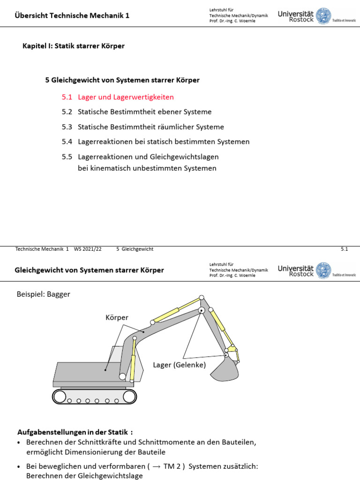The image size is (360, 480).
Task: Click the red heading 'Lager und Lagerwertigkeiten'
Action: point(126,97)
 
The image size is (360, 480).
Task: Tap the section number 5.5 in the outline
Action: point(67,157)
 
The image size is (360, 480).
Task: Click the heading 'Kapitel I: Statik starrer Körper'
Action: point(74,46)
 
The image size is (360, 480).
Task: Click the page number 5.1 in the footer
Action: point(344,249)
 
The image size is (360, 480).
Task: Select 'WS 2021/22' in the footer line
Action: point(88,249)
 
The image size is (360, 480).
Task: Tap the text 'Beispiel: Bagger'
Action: point(43,294)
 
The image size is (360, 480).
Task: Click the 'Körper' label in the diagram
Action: point(117,318)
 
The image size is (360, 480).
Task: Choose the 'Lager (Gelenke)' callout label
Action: point(179,364)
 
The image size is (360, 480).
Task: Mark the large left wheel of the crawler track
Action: point(59,396)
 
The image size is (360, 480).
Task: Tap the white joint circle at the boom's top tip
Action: point(202,298)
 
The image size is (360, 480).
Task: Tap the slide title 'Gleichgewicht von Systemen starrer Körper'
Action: point(89,270)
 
